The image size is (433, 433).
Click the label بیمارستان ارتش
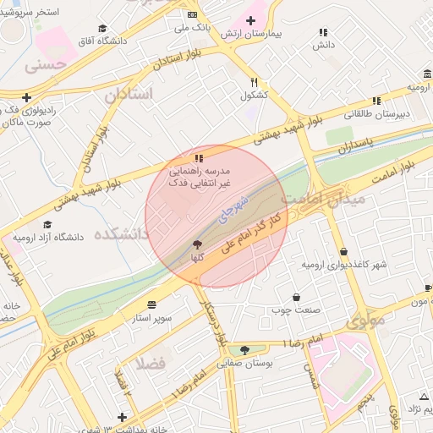pos(250,33)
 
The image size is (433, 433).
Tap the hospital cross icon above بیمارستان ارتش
pos(250,19)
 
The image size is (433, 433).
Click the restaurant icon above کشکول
pos(254,82)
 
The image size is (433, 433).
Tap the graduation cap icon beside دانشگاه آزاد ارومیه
pos(47,225)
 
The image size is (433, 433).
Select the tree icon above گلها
pos(198,244)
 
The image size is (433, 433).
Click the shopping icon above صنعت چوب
pos(296,297)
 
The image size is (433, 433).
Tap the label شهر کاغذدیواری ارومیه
pos(344,265)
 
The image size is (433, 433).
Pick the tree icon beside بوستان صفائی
pos(244,349)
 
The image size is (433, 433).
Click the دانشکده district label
pos(121,232)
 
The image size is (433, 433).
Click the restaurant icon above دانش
pos(323,32)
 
